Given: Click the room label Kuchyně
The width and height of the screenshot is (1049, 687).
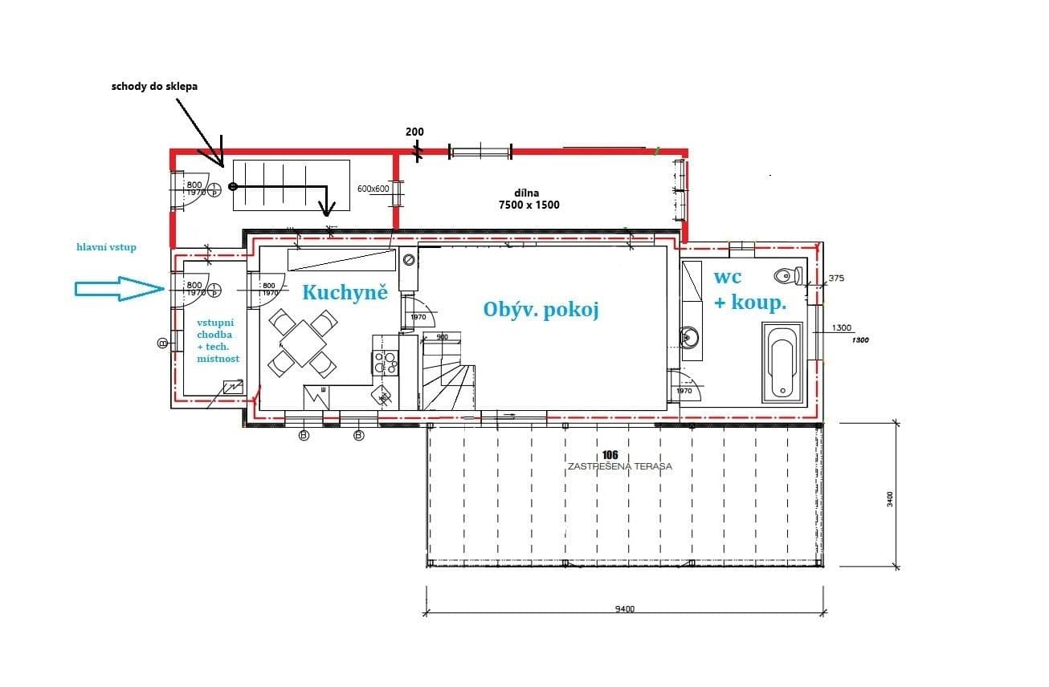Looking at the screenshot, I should coord(345,292).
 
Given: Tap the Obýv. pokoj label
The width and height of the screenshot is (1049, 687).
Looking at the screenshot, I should coord(541,310).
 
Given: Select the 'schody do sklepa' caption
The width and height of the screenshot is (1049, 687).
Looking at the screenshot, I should coord(155,86).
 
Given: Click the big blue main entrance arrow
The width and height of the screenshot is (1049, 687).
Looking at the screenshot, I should coord(119,289).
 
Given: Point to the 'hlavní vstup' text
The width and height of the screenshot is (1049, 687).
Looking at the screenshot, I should coord(106,247).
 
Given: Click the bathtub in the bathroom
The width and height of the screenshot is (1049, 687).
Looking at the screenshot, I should coord(782,362).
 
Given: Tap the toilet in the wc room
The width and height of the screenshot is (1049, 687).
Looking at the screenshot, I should coord(786,276).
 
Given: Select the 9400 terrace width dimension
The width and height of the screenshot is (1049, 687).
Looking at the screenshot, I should coord(624,609).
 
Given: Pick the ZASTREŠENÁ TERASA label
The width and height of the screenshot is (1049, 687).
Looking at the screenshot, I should coord(620,466).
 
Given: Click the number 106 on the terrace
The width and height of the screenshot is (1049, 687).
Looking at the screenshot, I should coord(620,455).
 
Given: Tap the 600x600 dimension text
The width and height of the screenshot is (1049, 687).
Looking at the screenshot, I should coord(373,189).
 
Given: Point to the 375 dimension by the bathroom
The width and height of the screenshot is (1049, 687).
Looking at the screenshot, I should coord(837,278).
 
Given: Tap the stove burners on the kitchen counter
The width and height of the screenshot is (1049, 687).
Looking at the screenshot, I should coord(386,363).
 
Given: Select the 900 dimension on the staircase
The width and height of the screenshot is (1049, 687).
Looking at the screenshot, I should coord(442,337).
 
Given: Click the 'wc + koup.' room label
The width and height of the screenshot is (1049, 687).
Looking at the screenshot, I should coord(749,290).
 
